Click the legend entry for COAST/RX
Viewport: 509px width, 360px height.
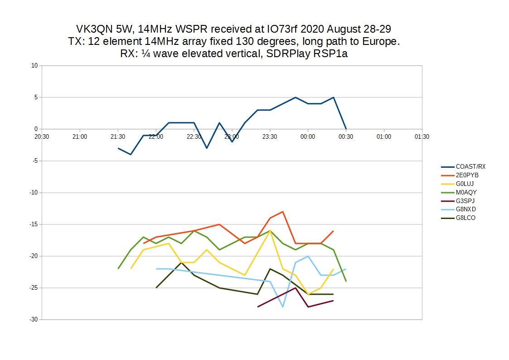[x=470, y=166]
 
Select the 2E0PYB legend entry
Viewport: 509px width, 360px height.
[x=467, y=175]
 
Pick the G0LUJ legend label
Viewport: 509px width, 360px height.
[x=466, y=184]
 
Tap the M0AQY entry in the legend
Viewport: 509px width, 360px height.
[x=466, y=192]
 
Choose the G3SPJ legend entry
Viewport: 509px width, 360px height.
[x=465, y=201]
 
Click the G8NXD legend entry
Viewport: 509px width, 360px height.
[x=466, y=209]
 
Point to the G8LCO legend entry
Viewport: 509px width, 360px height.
[x=466, y=218]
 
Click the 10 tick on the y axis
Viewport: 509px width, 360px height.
[x=34, y=65]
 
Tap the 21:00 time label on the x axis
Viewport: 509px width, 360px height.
[x=80, y=136]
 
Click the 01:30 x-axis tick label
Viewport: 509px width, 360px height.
[x=422, y=136]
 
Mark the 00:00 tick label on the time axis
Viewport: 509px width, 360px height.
[x=308, y=136]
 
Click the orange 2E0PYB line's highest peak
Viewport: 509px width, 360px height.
[x=283, y=212]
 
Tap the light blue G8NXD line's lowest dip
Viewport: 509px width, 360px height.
[x=283, y=307]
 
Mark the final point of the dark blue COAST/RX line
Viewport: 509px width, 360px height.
[x=346, y=129]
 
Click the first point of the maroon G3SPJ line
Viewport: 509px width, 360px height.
[x=257, y=307]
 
